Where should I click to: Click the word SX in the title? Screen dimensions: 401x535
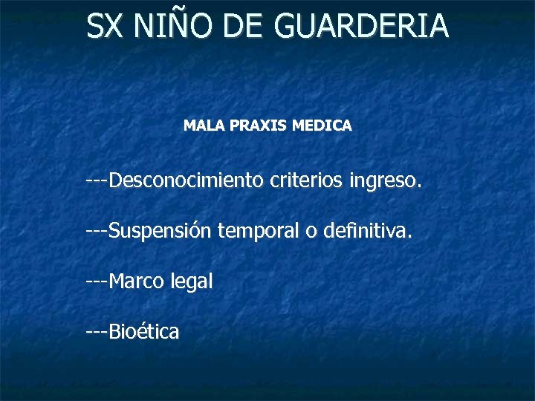pos(104,26)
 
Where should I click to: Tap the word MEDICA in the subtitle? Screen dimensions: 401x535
pos(322,126)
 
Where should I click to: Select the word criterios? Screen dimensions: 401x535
pos(308,180)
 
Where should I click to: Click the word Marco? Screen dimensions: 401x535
pos(136,281)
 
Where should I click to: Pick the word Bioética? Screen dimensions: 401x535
pos(144,332)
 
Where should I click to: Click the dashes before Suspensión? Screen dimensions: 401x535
pos(97,233)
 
